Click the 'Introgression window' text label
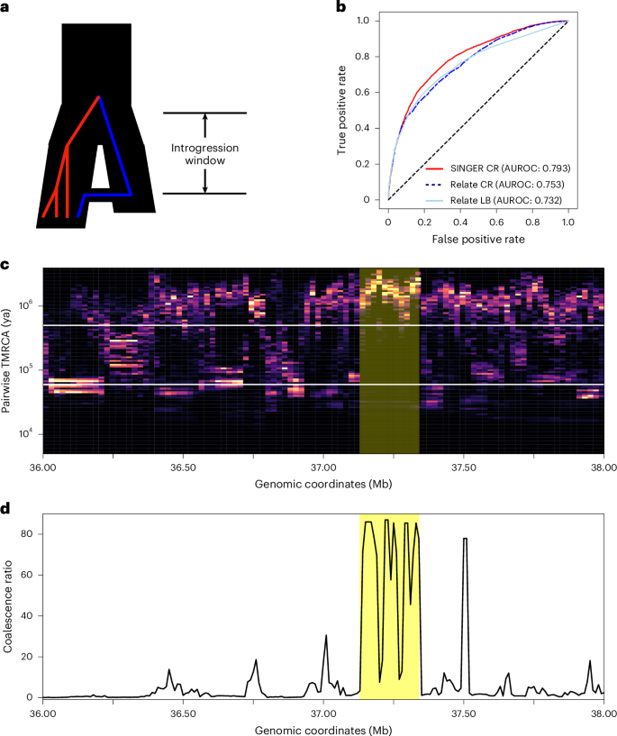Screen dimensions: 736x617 pos(205,153)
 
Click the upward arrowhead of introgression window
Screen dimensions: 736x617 pos(205,117)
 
